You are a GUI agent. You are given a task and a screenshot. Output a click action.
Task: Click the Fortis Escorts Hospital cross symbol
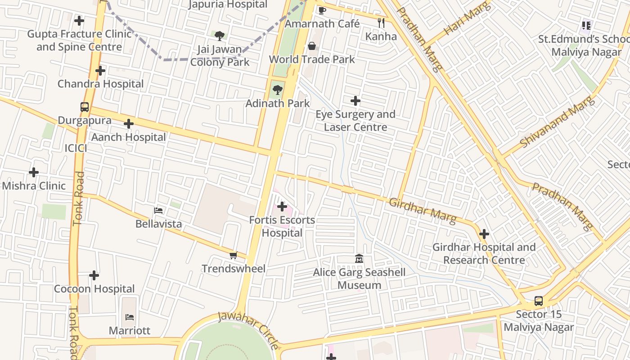click(282, 207)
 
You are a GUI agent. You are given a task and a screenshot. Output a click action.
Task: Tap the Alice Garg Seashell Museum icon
click(359, 259)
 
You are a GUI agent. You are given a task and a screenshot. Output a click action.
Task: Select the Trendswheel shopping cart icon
click(233, 256)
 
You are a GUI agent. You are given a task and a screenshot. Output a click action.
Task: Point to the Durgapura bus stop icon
click(85, 107)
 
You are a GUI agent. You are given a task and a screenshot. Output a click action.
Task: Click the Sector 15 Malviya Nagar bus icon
click(538, 301)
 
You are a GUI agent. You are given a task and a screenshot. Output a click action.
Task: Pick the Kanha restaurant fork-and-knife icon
click(381, 23)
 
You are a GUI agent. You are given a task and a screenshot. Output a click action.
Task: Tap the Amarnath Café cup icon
click(322, 10)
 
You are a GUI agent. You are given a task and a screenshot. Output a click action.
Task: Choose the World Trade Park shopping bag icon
click(311, 46)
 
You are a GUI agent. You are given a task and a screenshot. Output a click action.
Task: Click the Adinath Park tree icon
click(278, 90)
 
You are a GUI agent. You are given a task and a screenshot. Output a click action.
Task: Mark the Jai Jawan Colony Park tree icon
click(220, 36)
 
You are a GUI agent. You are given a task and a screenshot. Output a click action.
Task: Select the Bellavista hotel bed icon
click(158, 210)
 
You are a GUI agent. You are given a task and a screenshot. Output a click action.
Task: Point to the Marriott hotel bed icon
click(130, 317)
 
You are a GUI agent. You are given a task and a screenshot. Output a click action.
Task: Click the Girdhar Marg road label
click(423, 211)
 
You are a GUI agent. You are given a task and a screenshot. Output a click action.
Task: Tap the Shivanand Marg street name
click(557, 122)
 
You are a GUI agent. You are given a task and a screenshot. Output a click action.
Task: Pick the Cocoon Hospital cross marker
click(94, 275)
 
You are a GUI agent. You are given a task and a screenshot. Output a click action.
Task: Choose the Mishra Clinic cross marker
click(34, 172)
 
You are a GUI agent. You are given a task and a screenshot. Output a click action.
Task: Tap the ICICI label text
click(76, 148)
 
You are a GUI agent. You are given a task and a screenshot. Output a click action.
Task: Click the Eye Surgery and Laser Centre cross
click(355, 101)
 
